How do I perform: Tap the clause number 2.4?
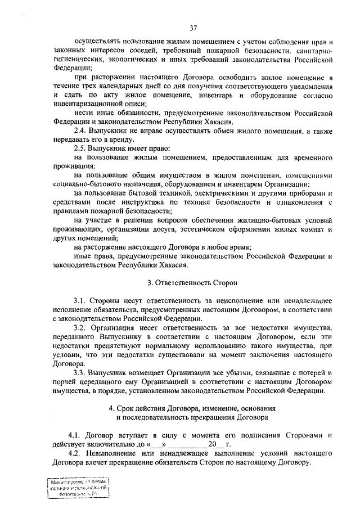pyautogui.click(x=82, y=130)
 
